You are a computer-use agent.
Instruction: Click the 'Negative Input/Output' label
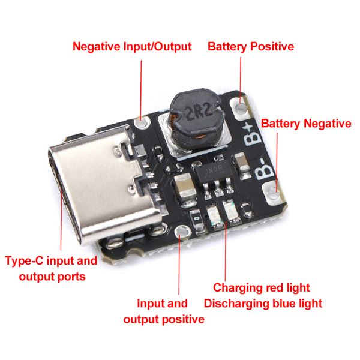pyautogui.click(x=131, y=46)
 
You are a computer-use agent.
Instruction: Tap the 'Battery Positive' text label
pyautogui.click(x=250, y=46)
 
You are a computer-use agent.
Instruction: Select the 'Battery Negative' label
pyautogui.click(x=305, y=124)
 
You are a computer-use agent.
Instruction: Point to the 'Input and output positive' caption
pyautogui.click(x=163, y=311)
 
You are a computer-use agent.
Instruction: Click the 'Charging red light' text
pyautogui.click(x=262, y=288)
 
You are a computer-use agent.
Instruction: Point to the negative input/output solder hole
pyautogui.click(x=142, y=123)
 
